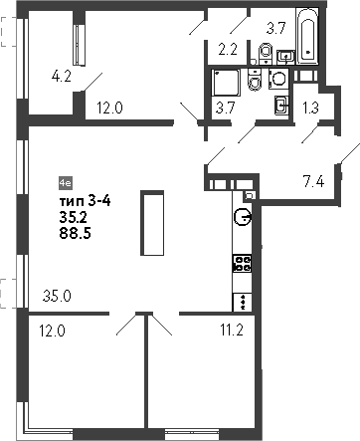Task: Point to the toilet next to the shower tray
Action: pos(257,83)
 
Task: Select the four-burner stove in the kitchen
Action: pos(242,263)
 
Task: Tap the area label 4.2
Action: pos(62,73)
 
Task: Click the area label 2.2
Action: pos(226,48)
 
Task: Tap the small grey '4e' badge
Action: pos(66,184)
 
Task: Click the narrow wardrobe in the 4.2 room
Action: pos(77,41)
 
